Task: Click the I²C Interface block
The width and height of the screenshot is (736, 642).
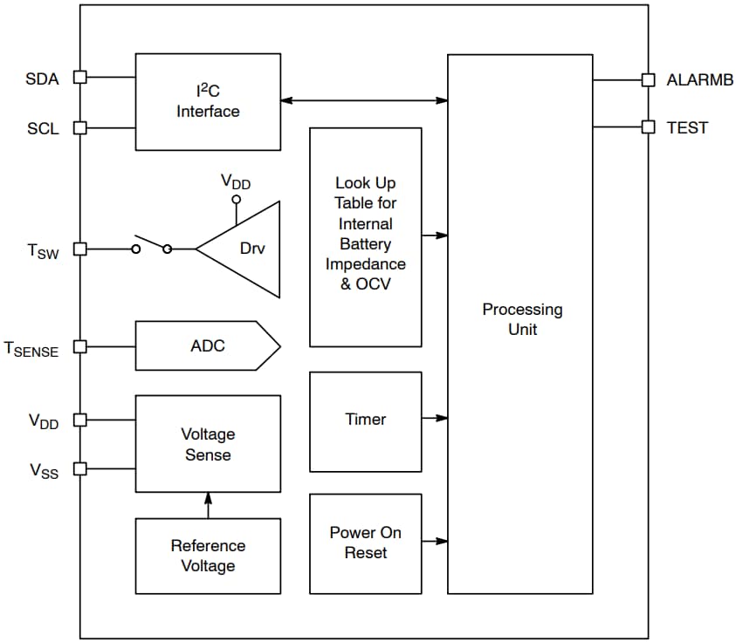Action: tap(208, 101)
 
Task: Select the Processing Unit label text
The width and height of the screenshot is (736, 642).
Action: tap(522, 319)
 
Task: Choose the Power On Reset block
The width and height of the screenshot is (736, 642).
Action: tap(365, 543)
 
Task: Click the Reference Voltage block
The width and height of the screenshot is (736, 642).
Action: tap(208, 556)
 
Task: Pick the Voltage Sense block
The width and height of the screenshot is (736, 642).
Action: tap(208, 443)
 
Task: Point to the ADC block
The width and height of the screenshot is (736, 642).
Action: tap(208, 346)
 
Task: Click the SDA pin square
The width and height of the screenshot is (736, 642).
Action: tap(79, 77)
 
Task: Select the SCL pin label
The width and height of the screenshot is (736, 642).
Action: tap(43, 128)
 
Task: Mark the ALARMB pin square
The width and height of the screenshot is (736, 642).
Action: tap(648, 79)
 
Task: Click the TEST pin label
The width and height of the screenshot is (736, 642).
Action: tap(687, 127)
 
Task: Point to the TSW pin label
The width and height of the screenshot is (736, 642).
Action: tap(43, 251)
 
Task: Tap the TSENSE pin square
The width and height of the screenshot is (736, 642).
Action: tap(79, 346)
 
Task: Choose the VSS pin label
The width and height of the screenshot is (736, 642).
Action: tap(45, 471)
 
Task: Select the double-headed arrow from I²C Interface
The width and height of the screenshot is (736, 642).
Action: tap(364, 101)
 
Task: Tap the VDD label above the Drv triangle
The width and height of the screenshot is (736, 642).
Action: tap(236, 181)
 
